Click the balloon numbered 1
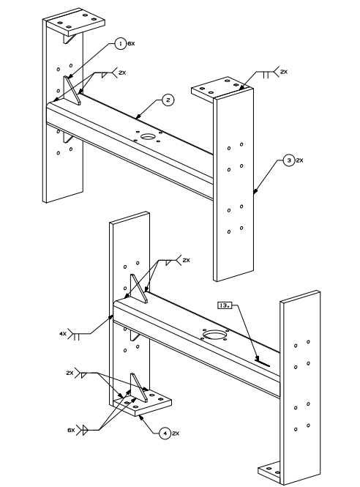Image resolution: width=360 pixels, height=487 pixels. pyautogui.click(x=121, y=43)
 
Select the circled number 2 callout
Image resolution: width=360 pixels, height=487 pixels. pyautogui.click(x=168, y=100)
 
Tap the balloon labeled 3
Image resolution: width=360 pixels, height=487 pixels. pyautogui.click(x=289, y=160)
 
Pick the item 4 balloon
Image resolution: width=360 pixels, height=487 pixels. pyautogui.click(x=165, y=434)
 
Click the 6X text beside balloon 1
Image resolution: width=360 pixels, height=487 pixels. pyautogui.click(x=131, y=44)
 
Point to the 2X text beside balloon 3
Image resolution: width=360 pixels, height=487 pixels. pyautogui.click(x=299, y=160)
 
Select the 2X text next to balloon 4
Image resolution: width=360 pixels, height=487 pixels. pyautogui.click(x=176, y=434)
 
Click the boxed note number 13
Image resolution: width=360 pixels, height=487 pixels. pyautogui.click(x=225, y=305)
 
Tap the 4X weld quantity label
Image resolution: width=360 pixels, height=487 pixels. pyautogui.click(x=63, y=334)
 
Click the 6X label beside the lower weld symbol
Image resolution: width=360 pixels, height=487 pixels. pyautogui.click(x=71, y=430)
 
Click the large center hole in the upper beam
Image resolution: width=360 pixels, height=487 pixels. pyautogui.click(x=149, y=136)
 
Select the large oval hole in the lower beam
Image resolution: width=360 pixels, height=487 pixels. pyautogui.click(x=214, y=335)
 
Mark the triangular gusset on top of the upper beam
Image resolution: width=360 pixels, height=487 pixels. pyautogui.click(x=72, y=90)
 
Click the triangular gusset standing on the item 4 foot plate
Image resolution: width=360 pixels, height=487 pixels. pyautogui.click(x=138, y=387)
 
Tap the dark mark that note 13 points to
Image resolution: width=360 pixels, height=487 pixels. pyautogui.click(x=263, y=362)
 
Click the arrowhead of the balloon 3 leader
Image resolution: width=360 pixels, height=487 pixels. pyautogui.click(x=255, y=191)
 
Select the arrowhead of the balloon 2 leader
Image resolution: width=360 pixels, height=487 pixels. pyautogui.click(x=137, y=116)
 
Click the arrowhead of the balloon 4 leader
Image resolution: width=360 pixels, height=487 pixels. pyautogui.click(x=141, y=417)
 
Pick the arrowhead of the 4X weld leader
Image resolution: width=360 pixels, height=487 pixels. pyautogui.click(x=110, y=317)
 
